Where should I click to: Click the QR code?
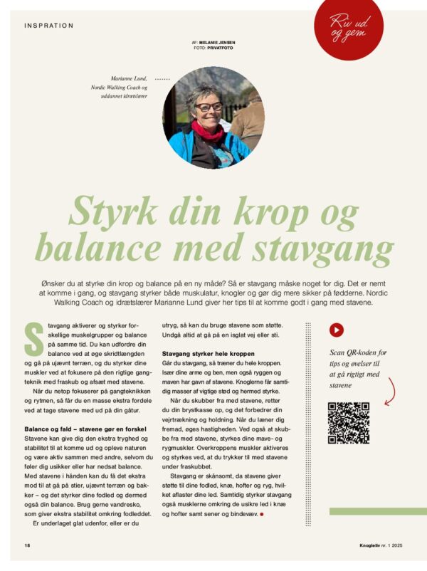point(349,423)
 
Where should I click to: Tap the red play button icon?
point(336,330)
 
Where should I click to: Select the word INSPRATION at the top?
point(48,26)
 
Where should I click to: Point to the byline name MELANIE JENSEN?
point(219,43)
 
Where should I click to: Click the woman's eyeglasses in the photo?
point(208,107)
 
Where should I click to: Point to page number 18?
point(26,545)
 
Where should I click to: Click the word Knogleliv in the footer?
point(369,545)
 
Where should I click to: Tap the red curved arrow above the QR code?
point(389,390)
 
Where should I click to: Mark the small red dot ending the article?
point(263,513)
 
